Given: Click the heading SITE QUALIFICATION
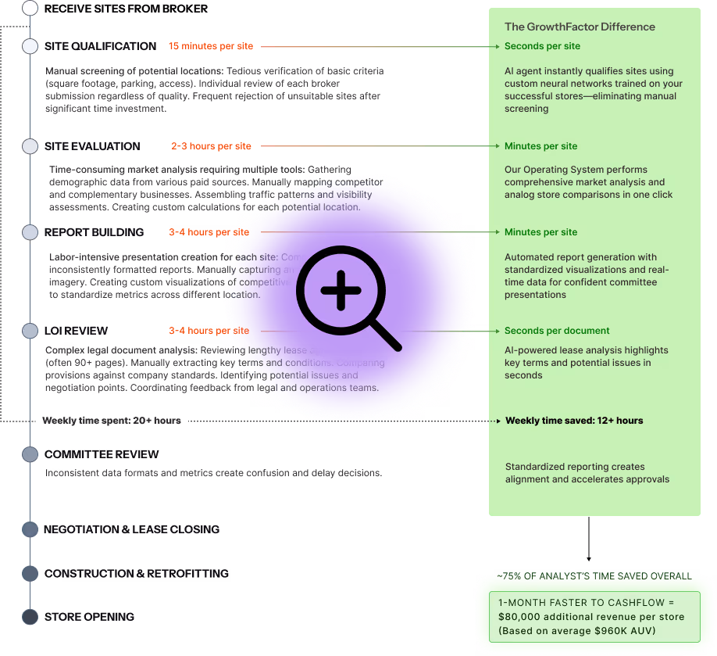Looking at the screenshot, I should click(x=100, y=46).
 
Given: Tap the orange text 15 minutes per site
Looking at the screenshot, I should click(x=211, y=46).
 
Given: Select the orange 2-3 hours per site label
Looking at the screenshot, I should click(x=212, y=146).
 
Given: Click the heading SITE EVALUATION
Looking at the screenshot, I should click(x=92, y=146).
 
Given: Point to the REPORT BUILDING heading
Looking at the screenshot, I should click(x=94, y=232).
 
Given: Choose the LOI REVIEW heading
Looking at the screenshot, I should click(x=76, y=331).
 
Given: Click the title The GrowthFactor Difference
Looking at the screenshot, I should click(x=580, y=27).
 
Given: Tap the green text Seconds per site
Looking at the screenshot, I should click(x=542, y=46).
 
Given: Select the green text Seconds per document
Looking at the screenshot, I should click(x=557, y=331).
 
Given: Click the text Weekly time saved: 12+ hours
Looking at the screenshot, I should click(x=574, y=421).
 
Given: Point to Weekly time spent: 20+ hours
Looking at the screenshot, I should click(x=112, y=421).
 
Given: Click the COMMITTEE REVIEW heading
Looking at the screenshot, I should click(x=102, y=454).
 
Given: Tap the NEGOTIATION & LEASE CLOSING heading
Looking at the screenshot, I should click(x=131, y=529).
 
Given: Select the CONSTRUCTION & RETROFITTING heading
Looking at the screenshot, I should click(x=136, y=573).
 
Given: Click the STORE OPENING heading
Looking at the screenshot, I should click(x=89, y=617).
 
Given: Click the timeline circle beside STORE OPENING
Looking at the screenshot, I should click(x=30, y=617).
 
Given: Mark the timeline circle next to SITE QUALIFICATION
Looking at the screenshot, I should click(x=30, y=46).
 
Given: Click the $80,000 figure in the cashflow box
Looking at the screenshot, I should click(x=519, y=617).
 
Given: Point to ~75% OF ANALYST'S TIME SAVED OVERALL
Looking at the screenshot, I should click(x=594, y=576).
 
